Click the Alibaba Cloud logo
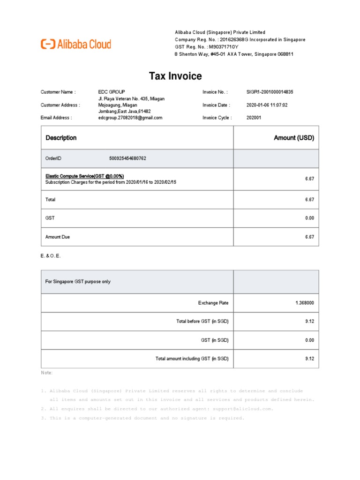point(76,45)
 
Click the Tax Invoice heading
point(175,76)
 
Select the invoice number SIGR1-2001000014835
point(270,92)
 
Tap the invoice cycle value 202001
point(254,118)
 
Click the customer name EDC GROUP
point(112,92)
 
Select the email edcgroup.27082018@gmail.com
point(130,118)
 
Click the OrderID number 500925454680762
point(127,158)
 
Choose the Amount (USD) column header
point(294,138)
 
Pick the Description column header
point(61,138)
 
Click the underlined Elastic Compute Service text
point(84,176)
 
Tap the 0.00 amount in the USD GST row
point(309,218)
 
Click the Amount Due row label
point(58,237)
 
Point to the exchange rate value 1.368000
point(305,303)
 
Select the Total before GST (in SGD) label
point(202,322)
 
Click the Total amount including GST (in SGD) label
point(192,359)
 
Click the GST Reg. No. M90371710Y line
point(207,47)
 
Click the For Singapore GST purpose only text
point(78,282)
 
